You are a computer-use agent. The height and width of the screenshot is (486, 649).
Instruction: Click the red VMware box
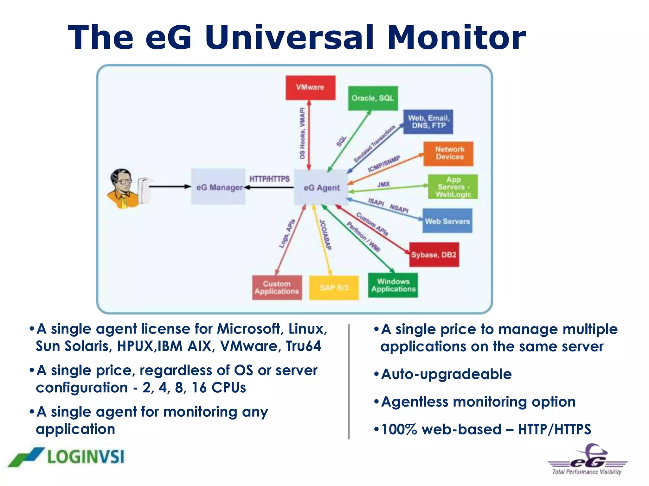(x=310, y=88)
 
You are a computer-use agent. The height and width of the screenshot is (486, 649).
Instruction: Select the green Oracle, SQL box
(x=373, y=98)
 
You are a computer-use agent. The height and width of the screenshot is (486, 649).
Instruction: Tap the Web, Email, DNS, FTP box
(x=428, y=122)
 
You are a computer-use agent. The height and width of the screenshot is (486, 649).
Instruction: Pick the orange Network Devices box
(x=448, y=154)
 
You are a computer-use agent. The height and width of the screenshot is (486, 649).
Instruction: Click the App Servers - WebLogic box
(x=453, y=187)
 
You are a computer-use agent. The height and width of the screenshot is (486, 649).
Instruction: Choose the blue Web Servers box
(x=447, y=221)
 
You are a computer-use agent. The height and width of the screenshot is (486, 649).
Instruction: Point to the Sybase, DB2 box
(x=434, y=255)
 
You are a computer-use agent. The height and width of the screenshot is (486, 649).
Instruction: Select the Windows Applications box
(x=393, y=285)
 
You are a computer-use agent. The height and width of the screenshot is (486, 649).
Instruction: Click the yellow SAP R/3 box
(x=334, y=288)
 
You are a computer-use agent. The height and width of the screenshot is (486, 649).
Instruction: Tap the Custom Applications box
(x=277, y=288)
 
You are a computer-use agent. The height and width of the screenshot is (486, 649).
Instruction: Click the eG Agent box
(x=321, y=187)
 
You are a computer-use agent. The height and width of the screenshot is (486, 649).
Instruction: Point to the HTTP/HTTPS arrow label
(x=269, y=179)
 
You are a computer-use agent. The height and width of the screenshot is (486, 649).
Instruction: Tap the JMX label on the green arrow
(x=383, y=184)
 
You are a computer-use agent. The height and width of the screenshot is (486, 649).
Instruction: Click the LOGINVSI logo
(x=67, y=457)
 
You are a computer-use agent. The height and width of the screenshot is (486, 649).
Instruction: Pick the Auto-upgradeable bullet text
(x=446, y=374)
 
